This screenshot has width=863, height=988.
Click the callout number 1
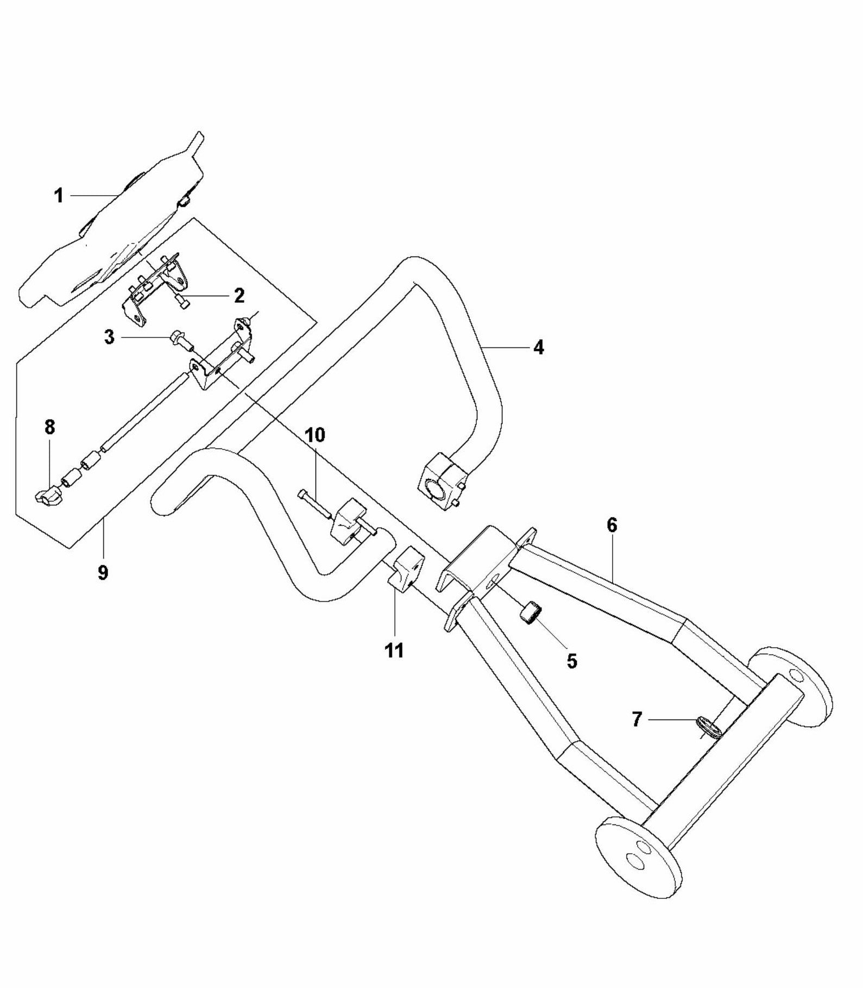(x=59, y=196)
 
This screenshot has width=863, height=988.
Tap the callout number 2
(x=239, y=296)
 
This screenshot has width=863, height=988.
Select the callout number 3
(x=110, y=337)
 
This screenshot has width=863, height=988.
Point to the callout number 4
(x=538, y=347)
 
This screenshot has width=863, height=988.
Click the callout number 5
(x=572, y=661)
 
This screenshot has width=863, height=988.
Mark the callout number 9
(x=103, y=572)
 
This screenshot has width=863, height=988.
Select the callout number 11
(x=394, y=650)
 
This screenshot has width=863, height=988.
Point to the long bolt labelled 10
(x=315, y=504)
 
